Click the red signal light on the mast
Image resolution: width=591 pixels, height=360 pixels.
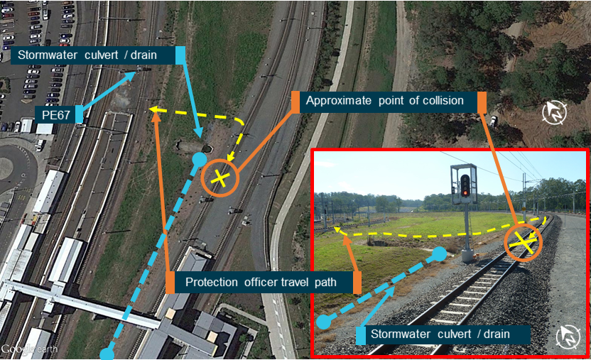(465, 191)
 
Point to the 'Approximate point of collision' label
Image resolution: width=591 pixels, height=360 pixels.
(384, 101)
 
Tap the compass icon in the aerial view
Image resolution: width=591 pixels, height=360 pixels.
(554, 112)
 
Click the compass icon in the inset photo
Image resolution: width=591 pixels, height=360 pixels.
(570, 337)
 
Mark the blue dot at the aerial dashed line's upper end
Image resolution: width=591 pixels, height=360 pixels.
(200, 158)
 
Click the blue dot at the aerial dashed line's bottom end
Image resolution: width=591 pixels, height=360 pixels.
(107, 353)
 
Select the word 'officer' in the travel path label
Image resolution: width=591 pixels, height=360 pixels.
(271, 283)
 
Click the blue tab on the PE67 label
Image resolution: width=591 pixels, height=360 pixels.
(79, 113)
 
